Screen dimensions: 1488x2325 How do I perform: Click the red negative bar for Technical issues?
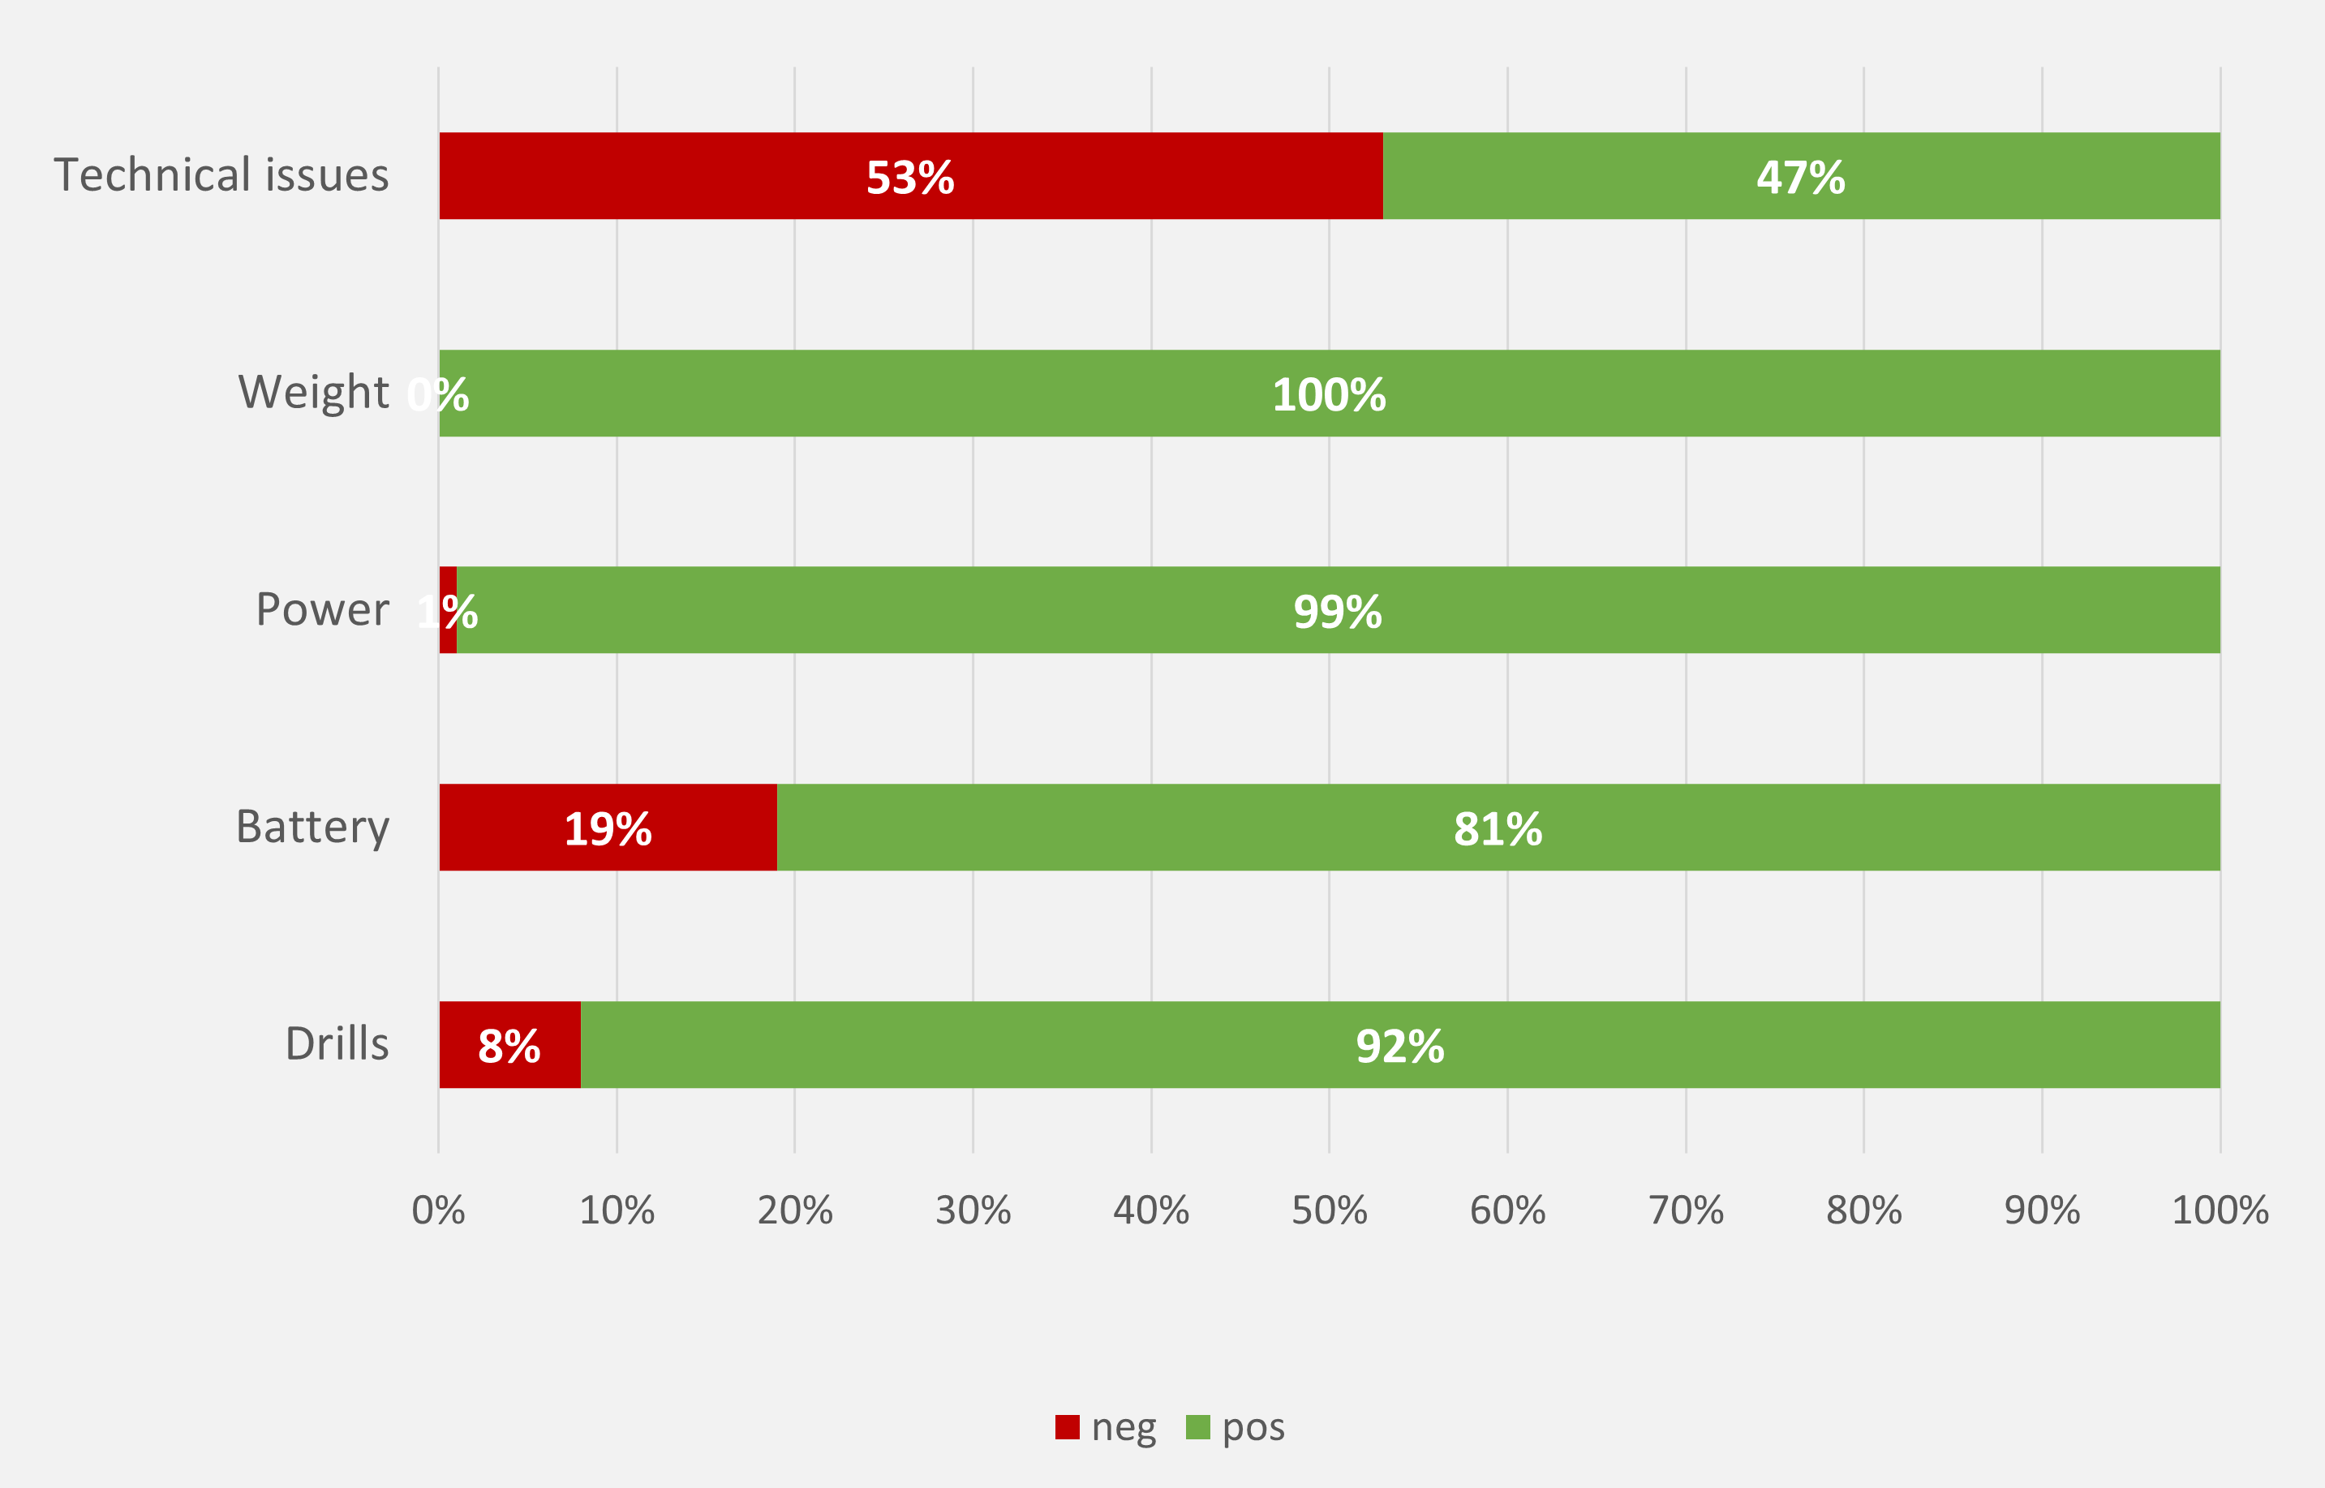click(676, 176)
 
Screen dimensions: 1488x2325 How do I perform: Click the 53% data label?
click(910, 178)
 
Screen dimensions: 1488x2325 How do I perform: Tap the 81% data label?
click(1498, 829)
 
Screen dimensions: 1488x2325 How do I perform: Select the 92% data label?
click(1399, 1047)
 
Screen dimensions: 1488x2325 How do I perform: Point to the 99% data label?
click(1337, 612)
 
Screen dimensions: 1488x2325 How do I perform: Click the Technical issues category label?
click(221, 176)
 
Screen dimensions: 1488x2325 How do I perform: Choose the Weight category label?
click(313, 394)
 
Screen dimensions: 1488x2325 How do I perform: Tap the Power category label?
click(322, 609)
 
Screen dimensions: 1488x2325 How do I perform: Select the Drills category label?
click(337, 1044)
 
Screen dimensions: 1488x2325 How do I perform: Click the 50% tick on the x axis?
click(1329, 1211)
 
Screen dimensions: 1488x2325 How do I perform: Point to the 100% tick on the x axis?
click(2220, 1211)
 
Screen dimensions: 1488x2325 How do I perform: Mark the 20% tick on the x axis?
click(795, 1211)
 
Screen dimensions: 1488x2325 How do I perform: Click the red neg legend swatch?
click(1068, 1427)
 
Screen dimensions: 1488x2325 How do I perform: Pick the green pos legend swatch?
click(1197, 1427)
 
